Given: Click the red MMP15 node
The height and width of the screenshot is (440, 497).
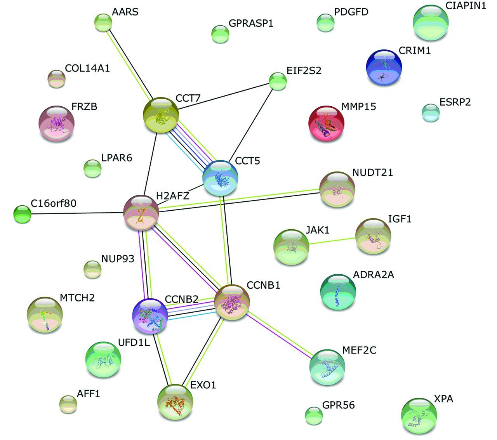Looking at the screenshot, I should pos(326,123).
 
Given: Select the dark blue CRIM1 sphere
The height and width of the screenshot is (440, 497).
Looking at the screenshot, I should pos(384,67).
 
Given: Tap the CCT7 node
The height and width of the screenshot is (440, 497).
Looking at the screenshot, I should pos(161,115).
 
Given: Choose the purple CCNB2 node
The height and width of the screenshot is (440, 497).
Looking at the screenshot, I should pos(150,316).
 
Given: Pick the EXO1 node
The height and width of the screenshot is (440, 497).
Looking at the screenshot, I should pos(175,402).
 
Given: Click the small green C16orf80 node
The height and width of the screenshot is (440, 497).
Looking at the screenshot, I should pos(22,214).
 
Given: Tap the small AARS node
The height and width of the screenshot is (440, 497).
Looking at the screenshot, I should pos(103,23).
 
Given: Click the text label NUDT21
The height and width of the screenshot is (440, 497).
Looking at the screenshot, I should pos(372,172).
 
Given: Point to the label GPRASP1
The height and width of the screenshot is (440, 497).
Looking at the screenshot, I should pos(251,23).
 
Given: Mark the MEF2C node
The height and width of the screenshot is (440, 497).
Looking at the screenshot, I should pos(327,367).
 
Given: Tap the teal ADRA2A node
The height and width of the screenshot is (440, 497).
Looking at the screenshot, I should pos(338,292).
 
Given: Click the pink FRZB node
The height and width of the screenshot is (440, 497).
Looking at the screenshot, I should pos(57,123).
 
